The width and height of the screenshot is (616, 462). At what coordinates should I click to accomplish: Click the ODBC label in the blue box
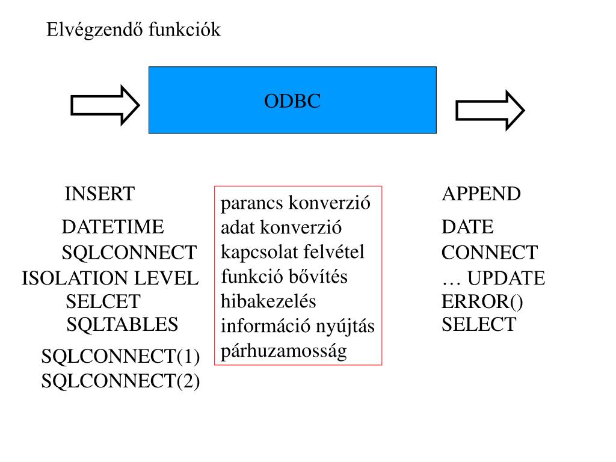click(292, 101)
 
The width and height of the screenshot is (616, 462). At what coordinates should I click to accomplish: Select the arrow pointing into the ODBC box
click(105, 105)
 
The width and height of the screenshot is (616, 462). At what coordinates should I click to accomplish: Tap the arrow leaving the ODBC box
click(490, 111)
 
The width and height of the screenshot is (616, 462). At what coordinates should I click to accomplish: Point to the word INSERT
click(100, 194)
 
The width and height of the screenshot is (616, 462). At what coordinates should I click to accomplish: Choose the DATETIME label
click(112, 227)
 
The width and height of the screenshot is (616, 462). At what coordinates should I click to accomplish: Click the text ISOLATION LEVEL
click(110, 278)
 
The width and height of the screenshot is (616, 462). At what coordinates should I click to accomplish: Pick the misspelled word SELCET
click(103, 302)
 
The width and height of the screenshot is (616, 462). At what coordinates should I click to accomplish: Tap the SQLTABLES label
click(122, 324)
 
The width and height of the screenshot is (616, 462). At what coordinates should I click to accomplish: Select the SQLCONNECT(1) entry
click(120, 357)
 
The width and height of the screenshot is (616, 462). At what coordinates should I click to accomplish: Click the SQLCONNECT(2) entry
click(120, 381)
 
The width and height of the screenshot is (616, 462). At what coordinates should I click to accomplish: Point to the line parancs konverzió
click(295, 203)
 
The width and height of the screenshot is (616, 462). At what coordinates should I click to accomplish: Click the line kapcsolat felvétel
click(293, 252)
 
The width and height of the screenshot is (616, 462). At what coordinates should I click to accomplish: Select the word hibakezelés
click(268, 301)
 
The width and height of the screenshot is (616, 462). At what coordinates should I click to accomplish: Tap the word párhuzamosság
click(284, 351)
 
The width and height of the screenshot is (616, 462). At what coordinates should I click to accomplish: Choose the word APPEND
click(481, 194)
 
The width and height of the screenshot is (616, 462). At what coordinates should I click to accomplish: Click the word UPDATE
click(506, 278)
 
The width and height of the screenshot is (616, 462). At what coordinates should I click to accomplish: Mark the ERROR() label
click(482, 302)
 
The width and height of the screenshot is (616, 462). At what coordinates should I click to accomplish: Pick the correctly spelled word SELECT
click(479, 324)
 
